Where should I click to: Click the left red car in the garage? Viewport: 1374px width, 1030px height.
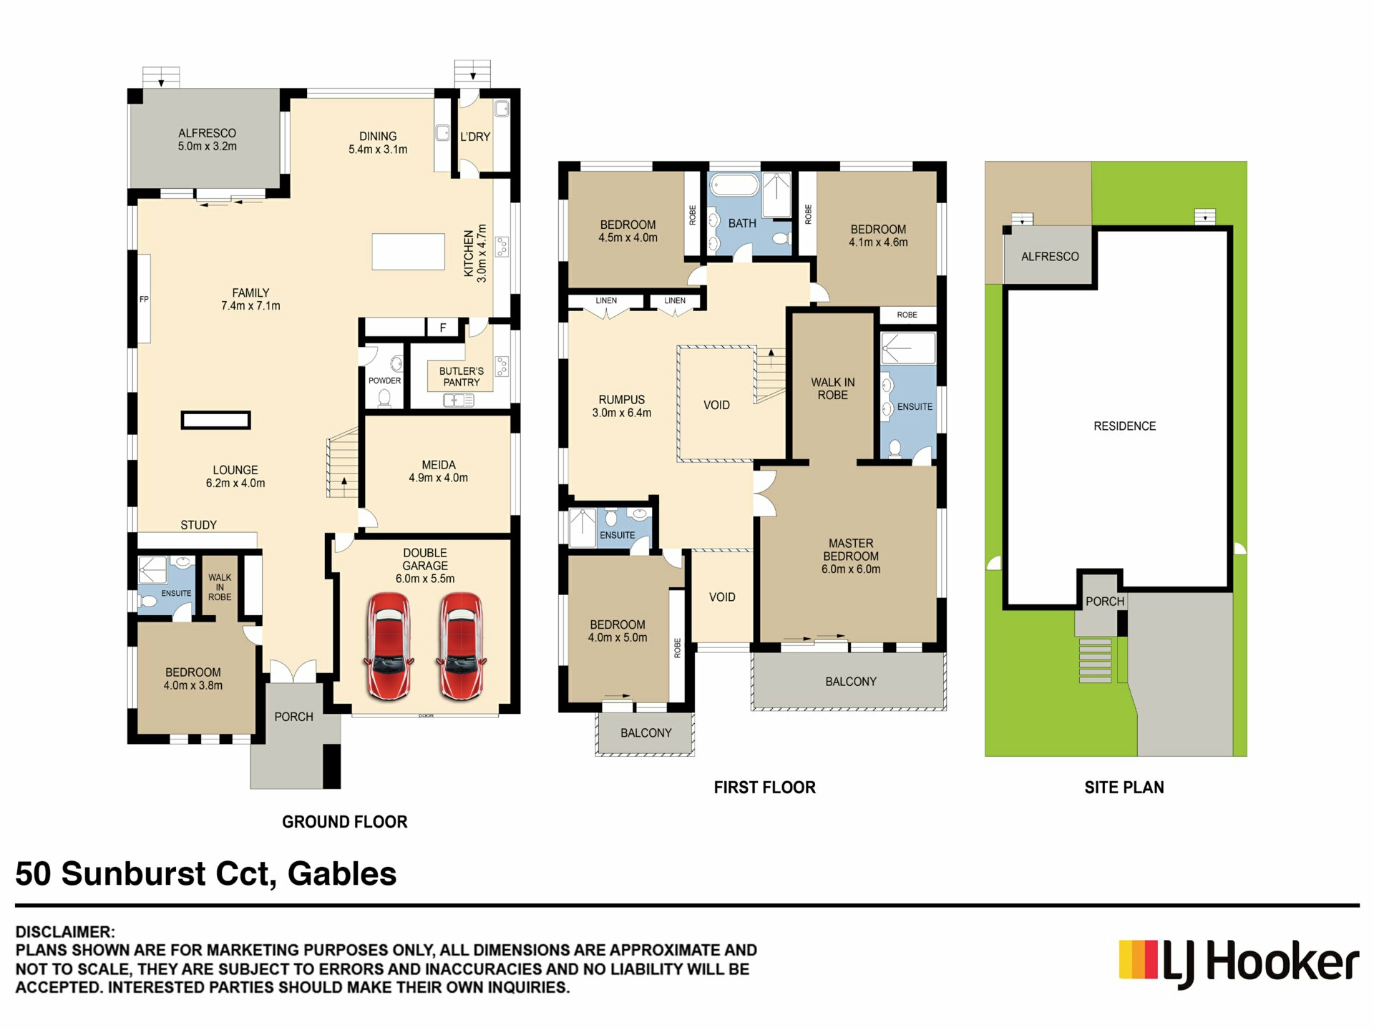(x=389, y=646)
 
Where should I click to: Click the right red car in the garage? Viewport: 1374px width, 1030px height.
(x=462, y=646)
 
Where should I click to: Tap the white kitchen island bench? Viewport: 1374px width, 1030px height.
(x=409, y=252)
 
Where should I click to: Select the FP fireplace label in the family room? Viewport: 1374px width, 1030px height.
(x=144, y=299)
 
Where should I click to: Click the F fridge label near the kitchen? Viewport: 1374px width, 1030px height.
(x=443, y=328)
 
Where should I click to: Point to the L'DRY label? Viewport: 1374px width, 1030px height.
(x=475, y=137)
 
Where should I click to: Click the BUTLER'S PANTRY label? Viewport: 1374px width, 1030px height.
(x=462, y=377)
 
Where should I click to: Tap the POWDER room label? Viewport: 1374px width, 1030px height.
(x=384, y=381)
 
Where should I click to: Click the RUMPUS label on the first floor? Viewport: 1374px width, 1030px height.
(x=622, y=400)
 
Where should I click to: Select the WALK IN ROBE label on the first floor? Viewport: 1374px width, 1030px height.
(x=833, y=388)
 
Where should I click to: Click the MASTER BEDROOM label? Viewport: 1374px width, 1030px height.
(x=851, y=550)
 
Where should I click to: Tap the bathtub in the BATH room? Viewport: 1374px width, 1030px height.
(x=734, y=185)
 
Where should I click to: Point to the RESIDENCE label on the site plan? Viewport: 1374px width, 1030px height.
(x=1125, y=426)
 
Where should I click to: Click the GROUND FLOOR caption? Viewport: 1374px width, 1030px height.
(x=345, y=822)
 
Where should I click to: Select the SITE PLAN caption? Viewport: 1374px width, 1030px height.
(x=1124, y=788)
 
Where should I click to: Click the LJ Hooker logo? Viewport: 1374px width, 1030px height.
(x=1239, y=963)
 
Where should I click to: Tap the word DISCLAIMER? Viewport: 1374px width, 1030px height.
(x=65, y=932)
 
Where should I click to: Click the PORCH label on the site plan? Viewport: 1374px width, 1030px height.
(x=1105, y=602)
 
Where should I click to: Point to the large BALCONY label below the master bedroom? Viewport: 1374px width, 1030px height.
(x=851, y=682)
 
